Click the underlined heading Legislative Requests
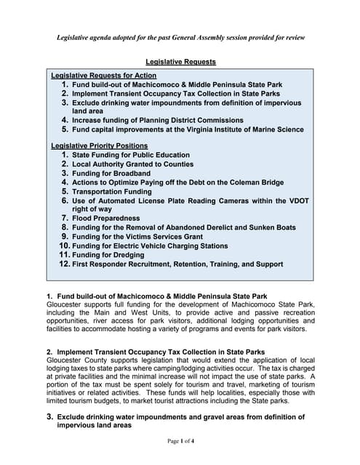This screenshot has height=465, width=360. coord(180,62)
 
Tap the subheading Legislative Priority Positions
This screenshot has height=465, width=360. coord(99,145)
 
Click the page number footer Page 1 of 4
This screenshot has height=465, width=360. coord(180,440)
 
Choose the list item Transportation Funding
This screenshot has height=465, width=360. coord(112,192)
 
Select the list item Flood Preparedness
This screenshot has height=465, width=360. coord(106,218)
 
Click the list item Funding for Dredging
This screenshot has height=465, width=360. coord(108,255)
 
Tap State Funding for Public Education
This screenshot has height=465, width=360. coord(131,155)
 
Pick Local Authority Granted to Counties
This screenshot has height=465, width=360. coord(132,164)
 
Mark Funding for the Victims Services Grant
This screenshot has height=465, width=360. coord(137,236)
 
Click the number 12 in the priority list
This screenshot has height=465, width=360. coord(64,264)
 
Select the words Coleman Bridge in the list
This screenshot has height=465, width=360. coord(259,182)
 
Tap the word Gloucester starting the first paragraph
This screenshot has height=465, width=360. coord(65,304)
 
